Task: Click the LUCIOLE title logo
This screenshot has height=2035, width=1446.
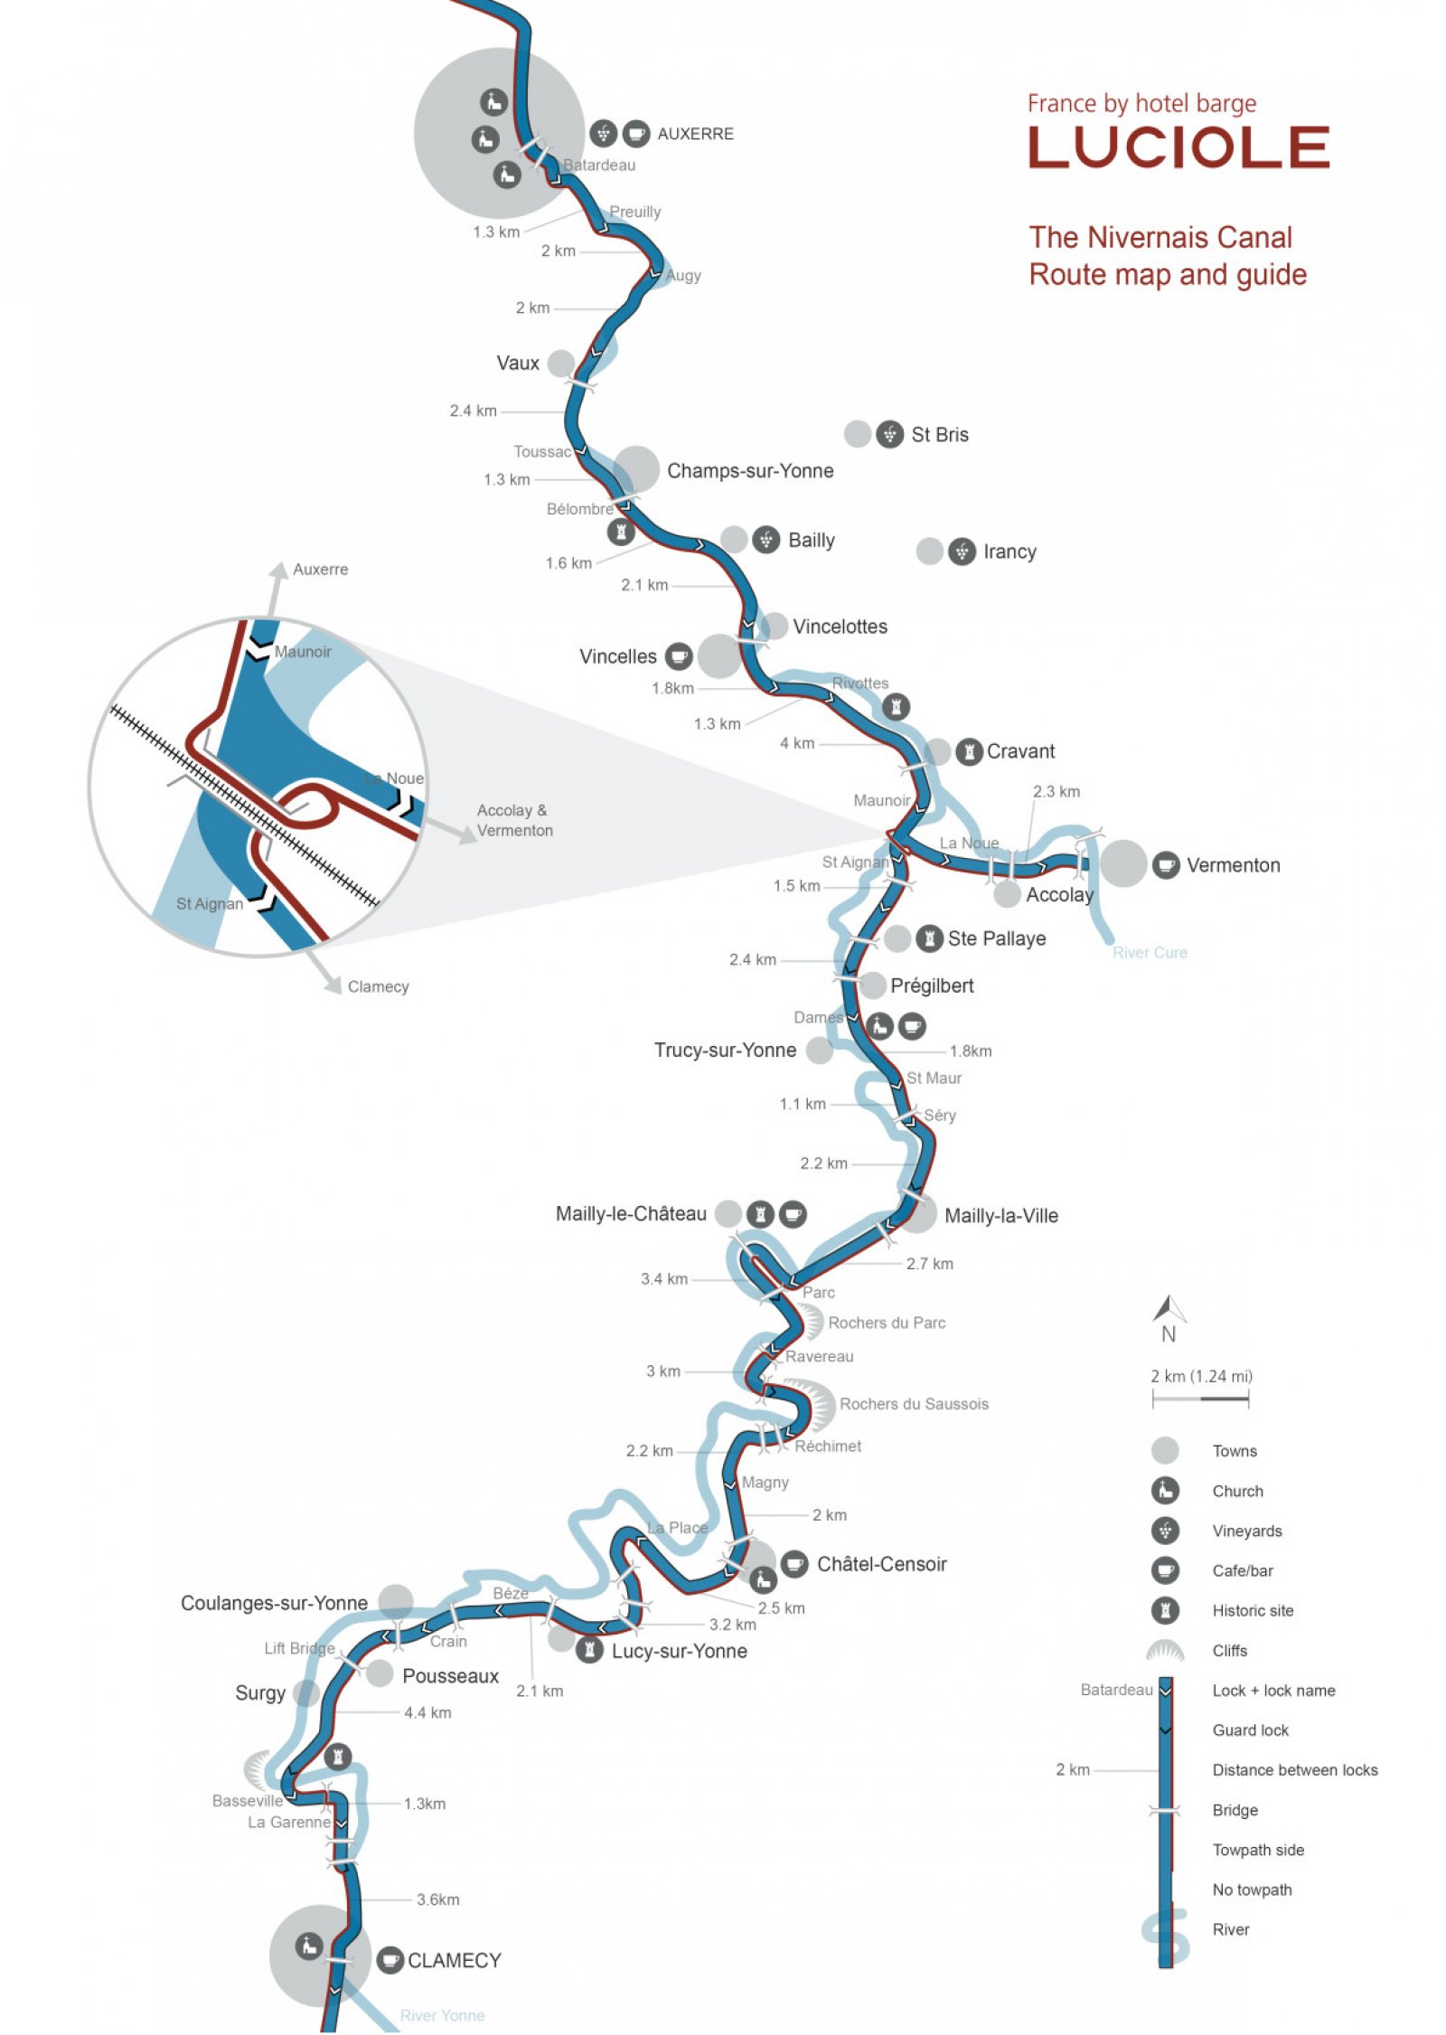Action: [x=1178, y=147]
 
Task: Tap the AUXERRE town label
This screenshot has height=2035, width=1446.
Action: [x=695, y=134]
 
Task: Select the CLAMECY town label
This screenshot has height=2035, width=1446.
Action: [x=454, y=1960]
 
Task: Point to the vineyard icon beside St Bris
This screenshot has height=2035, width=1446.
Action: [x=889, y=435]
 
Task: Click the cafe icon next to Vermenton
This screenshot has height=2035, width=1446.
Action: [x=1166, y=864]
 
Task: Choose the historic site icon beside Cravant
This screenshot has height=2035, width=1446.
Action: [x=969, y=751]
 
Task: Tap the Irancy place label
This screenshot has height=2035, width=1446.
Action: [x=1009, y=551]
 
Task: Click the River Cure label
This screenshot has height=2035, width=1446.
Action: [x=1150, y=952]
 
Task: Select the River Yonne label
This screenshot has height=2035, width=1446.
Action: [x=442, y=2015]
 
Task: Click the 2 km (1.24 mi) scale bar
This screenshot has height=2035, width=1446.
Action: [x=1200, y=1399]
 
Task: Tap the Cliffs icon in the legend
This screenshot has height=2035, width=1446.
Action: [x=1165, y=1650]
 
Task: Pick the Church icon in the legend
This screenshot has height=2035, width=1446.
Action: [x=1165, y=1491]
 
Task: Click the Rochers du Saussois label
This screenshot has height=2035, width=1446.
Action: [x=914, y=1404]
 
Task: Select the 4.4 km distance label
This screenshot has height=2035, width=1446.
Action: [x=427, y=1712]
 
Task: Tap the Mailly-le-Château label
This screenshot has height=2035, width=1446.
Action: [x=631, y=1214]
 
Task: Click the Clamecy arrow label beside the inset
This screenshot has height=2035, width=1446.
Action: [x=378, y=986]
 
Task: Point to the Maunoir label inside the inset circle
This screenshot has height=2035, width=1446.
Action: [x=303, y=652]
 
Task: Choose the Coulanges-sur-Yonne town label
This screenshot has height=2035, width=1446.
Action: [x=274, y=1603]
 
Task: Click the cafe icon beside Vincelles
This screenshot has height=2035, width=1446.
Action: [x=679, y=656]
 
